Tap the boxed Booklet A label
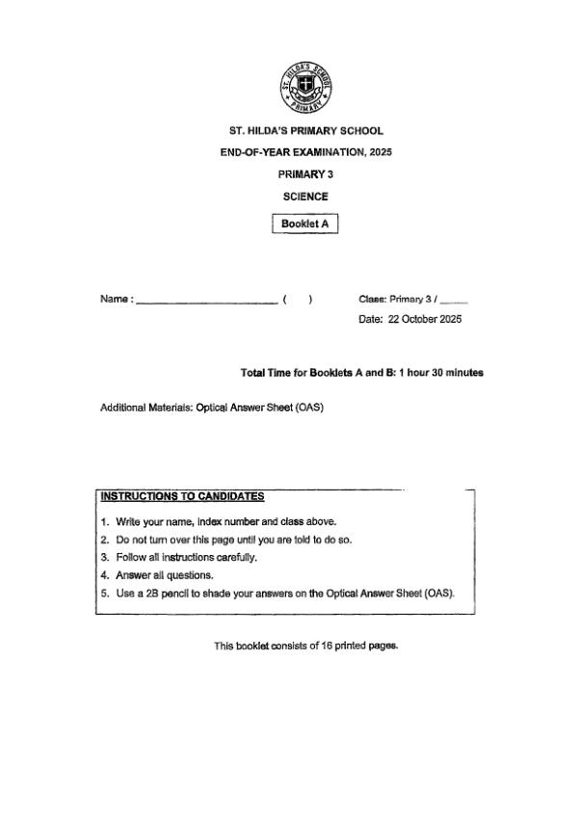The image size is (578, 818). (305, 224)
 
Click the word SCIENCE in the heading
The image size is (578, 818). (305, 197)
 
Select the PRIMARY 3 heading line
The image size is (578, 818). (305, 174)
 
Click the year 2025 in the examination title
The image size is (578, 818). (380, 152)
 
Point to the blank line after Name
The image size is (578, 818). (207, 300)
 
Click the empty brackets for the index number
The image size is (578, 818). (297, 299)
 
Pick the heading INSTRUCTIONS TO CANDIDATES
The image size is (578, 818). (182, 497)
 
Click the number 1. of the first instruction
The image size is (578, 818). (105, 521)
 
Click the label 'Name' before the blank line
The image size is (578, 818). (114, 300)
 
